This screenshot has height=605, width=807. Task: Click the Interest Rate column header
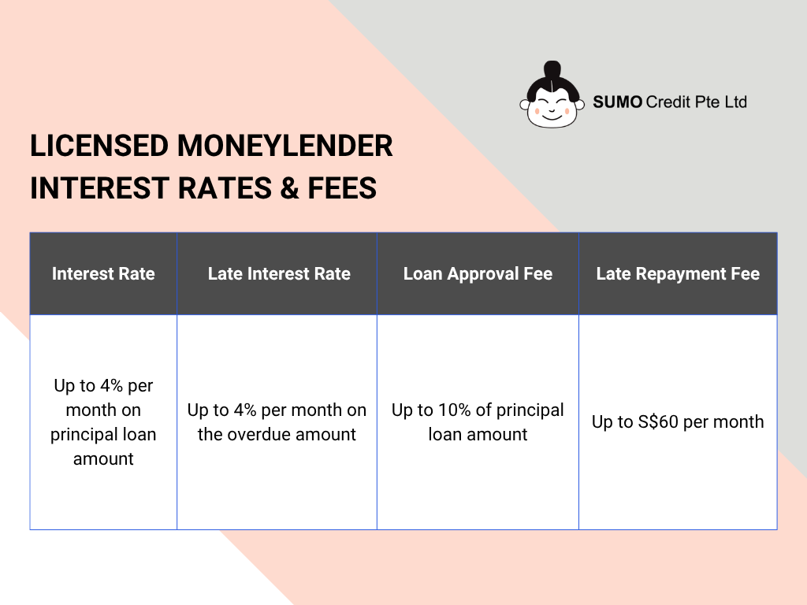click(x=103, y=274)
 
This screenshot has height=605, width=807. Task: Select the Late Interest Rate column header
click(x=279, y=274)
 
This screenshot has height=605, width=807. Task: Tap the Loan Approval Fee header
click(x=478, y=274)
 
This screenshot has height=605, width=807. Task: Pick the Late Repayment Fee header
click(x=678, y=274)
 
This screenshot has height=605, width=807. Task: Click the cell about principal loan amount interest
click(x=103, y=422)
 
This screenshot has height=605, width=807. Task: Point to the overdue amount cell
click(x=277, y=422)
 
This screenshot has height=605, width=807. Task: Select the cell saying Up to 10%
click(x=478, y=422)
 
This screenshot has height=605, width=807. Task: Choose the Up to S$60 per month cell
click(x=678, y=422)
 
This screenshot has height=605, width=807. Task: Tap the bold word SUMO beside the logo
click(x=618, y=102)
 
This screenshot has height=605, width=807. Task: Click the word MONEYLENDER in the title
click(x=285, y=147)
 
